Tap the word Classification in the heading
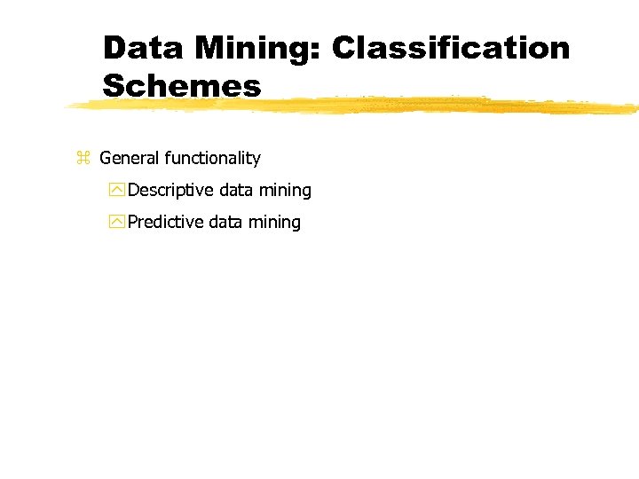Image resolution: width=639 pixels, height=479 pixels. click(x=451, y=48)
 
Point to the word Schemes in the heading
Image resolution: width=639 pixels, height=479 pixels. click(x=182, y=86)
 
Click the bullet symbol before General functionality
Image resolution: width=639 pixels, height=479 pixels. click(x=83, y=159)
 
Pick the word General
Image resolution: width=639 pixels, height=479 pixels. click(x=130, y=159)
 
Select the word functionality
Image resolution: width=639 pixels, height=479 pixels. click(x=213, y=159)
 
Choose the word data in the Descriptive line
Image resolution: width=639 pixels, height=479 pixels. click(x=236, y=190)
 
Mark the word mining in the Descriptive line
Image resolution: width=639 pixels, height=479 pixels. click(x=285, y=191)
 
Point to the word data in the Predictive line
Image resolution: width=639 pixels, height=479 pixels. click(x=225, y=222)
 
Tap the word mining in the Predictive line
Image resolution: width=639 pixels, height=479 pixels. click(x=274, y=223)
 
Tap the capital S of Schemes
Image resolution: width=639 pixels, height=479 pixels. click(x=114, y=86)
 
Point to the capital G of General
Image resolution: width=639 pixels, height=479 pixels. click(x=106, y=159)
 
